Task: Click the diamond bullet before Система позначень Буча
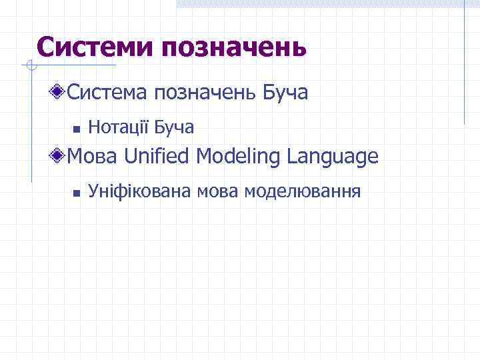(x=61, y=92)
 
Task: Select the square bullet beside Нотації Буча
(x=77, y=128)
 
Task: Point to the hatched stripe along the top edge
(x=327, y=4)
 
